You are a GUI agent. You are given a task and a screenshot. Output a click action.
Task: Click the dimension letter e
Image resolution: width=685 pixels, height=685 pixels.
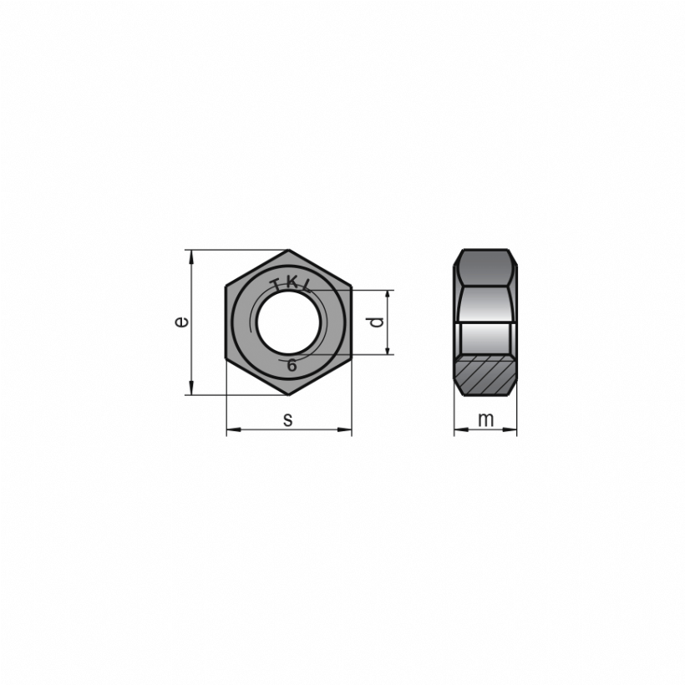click(182, 322)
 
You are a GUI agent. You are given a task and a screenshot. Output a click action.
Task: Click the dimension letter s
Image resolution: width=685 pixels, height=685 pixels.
click(287, 420)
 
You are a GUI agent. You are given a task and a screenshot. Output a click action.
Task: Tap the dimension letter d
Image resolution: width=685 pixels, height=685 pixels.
click(377, 322)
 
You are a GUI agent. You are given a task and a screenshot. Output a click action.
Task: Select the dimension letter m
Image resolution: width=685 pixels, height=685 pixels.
click(485, 420)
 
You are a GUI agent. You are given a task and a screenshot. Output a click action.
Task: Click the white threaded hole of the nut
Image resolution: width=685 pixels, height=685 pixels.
click(288, 322)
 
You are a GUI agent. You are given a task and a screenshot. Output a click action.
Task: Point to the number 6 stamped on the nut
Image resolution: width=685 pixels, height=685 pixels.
click(292, 365)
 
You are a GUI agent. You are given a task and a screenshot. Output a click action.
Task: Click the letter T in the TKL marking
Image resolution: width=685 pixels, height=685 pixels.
click(277, 285)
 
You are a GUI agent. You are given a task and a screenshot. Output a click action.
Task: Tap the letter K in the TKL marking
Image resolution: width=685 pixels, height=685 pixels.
click(291, 282)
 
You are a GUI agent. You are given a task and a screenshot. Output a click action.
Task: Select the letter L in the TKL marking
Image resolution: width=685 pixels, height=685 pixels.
click(307, 287)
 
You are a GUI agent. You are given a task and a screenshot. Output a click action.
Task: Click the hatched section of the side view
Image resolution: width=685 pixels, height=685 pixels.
click(485, 375)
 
